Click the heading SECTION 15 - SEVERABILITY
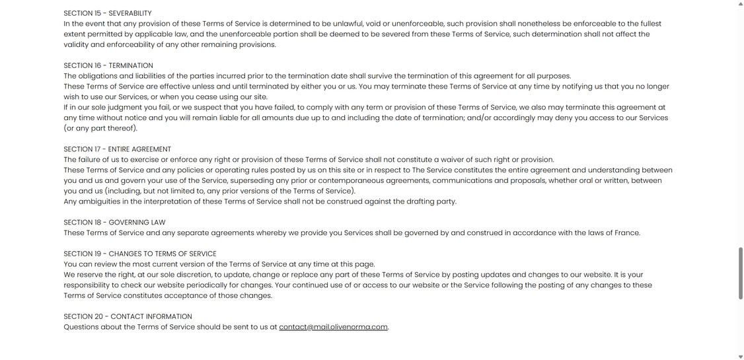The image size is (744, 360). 108,13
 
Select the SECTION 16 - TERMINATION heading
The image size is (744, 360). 108,65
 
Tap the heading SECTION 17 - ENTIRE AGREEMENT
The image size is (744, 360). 117,149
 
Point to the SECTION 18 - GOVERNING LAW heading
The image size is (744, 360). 114,223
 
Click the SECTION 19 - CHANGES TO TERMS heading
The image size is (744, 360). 140,254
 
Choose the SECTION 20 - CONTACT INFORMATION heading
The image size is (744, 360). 128,316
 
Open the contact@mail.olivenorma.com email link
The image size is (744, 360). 333,327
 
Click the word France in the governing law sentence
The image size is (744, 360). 626,233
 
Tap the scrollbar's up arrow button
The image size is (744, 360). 740,4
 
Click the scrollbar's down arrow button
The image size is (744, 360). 740,357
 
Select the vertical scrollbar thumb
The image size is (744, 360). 740,273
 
